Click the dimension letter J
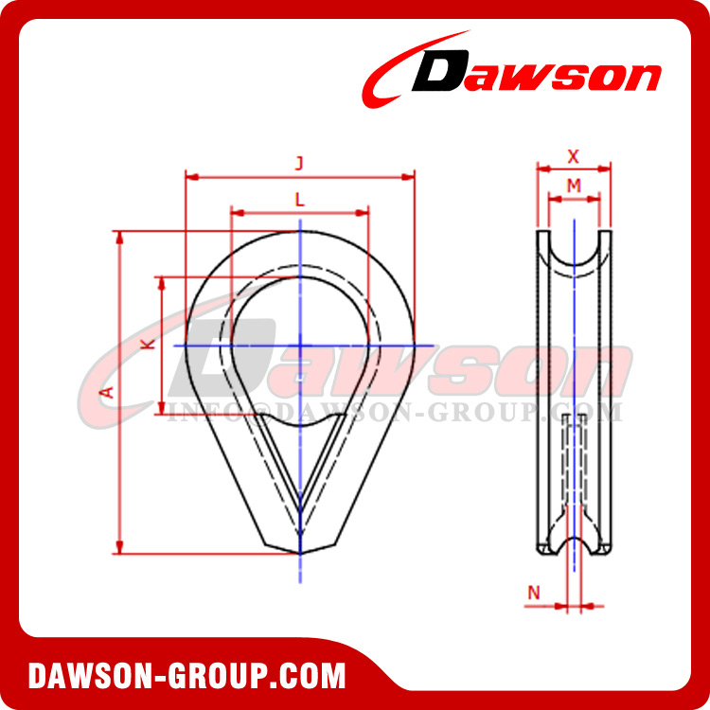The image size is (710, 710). click(x=299, y=164)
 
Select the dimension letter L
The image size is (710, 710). click(x=299, y=200)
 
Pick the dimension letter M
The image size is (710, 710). click(x=574, y=186)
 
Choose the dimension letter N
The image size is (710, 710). click(x=534, y=593)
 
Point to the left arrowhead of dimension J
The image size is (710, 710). click(x=188, y=175)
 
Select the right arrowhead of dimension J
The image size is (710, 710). click(x=411, y=175)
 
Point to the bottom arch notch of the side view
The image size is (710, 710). click(x=574, y=547)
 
